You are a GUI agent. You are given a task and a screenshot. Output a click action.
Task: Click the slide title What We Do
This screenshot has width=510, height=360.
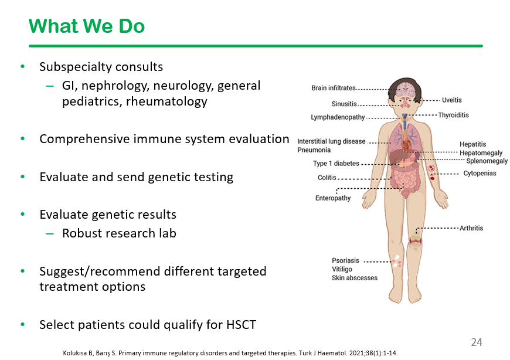pos(87,26)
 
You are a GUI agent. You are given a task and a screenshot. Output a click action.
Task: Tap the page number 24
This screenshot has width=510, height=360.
pos(477,342)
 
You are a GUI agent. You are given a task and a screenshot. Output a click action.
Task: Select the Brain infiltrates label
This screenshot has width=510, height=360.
pos(334,88)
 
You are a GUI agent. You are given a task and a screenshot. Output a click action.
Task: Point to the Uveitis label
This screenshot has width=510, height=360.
pos(452,100)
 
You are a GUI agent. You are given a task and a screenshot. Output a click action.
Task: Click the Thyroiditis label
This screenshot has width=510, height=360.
pos(453,115)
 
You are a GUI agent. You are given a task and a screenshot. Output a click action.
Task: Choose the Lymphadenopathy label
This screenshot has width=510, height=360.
pos(338,117)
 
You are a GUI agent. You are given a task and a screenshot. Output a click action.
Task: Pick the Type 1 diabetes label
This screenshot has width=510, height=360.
pos(336,163)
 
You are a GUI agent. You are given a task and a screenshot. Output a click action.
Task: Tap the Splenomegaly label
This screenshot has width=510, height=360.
pos(487,161)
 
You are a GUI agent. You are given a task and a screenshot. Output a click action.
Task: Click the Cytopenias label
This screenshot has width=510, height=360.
pos(480,173)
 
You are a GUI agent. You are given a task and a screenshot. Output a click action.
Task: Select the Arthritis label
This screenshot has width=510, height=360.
pos(471,228)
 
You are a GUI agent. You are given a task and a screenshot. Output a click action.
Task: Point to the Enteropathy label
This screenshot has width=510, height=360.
pos(333,198)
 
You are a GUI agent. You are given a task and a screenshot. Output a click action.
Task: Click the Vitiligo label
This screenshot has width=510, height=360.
pos(342,269)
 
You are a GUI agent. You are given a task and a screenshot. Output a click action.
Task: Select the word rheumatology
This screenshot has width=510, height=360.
pos(166,101)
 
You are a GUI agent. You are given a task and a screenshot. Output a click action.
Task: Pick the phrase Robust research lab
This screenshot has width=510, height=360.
pos(119,233)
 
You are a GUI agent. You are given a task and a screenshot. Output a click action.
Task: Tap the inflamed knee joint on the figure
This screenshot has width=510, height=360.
pos(416,240)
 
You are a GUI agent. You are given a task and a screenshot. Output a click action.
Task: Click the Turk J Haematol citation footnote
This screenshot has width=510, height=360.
pos(230,353)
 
